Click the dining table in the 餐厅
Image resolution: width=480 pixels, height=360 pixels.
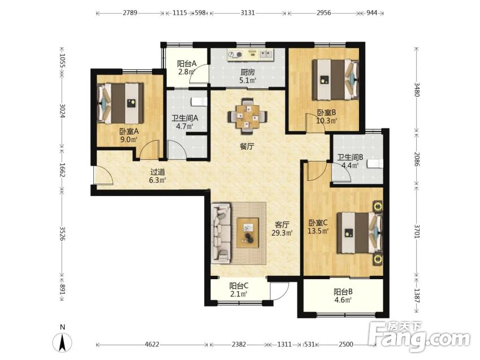247,116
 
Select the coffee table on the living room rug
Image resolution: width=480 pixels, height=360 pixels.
248,233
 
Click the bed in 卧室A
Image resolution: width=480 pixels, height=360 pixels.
120,103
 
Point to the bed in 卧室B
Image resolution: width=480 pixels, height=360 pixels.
335,80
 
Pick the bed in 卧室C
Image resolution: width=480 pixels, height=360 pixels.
360,233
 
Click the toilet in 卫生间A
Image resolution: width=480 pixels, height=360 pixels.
199,101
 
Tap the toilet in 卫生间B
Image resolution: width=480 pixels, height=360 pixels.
375,164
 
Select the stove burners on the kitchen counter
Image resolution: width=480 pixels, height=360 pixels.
235,55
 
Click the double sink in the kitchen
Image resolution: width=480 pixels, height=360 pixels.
266,54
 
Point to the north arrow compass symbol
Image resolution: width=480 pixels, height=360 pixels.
62,341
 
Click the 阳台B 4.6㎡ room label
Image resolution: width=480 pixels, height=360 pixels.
343,296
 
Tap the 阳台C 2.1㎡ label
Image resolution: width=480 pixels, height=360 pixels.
239,290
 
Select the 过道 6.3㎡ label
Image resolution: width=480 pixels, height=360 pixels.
157,176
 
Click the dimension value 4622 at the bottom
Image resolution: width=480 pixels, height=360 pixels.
152,344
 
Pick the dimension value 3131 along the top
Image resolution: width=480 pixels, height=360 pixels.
247,13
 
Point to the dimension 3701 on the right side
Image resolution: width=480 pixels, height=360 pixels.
417,231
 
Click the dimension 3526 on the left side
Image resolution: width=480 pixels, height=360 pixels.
62,233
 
